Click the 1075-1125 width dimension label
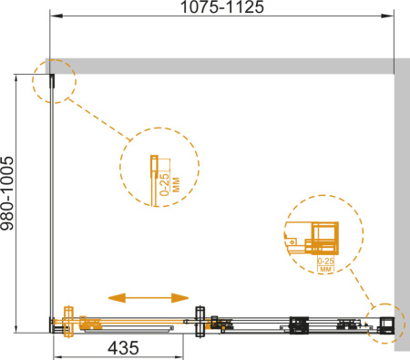pos(222,6)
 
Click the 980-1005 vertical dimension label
pos(7,193)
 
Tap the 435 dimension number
pos(123,348)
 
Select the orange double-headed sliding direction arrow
pos(149,298)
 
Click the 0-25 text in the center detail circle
pos(164,184)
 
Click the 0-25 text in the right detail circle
pos(325,261)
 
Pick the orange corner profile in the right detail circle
pos(322,238)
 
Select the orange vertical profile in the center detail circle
pos(154,180)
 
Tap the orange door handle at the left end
pos(68,322)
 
